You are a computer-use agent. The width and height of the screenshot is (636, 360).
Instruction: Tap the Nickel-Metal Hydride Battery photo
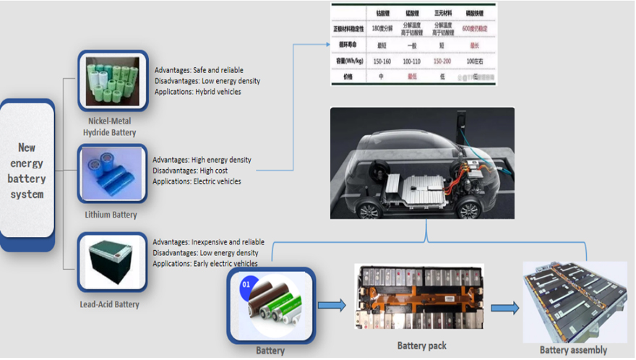(x=112, y=81)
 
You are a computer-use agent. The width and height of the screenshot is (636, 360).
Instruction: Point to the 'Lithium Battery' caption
(x=110, y=215)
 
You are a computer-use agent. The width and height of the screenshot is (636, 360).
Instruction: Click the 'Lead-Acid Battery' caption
(x=109, y=304)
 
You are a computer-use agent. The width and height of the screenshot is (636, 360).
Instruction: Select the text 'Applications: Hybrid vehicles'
(x=198, y=92)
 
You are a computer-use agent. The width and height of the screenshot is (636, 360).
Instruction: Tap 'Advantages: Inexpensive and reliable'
(x=208, y=242)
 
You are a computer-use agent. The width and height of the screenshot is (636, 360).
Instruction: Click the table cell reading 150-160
(x=381, y=61)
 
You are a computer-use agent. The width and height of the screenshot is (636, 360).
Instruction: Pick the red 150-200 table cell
(x=442, y=61)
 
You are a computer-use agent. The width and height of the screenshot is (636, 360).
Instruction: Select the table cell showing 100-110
(x=411, y=61)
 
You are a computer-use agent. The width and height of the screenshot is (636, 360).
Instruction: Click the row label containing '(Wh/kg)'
(x=348, y=61)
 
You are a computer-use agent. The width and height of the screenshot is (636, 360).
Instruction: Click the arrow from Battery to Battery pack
(x=332, y=305)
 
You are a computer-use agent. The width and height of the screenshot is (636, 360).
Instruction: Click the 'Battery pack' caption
(x=422, y=346)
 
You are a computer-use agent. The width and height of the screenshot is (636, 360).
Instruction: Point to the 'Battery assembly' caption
(x=575, y=350)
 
